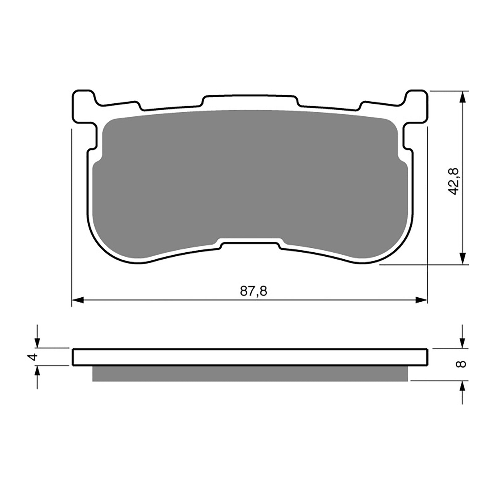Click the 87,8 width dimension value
pos(253,291)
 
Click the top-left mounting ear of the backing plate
pos(82,105)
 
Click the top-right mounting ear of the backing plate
pos(417,105)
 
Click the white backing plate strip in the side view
pos(250,357)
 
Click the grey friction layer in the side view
pos(250,374)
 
